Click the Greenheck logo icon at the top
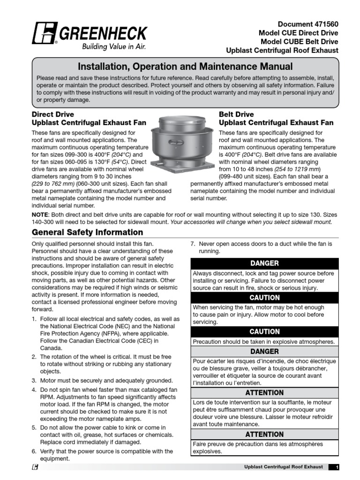pos(45,33)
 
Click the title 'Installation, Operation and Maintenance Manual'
pos(185,67)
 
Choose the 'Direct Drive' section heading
pos(52,114)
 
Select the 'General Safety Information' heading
pos(87,232)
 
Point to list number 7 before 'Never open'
pos(192,244)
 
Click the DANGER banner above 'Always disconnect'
pos(264,263)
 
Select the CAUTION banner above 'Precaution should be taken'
pos(264,331)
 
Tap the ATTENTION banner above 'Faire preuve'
pos(264,434)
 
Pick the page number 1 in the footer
pos(337,467)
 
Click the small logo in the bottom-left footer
pos(35,467)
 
